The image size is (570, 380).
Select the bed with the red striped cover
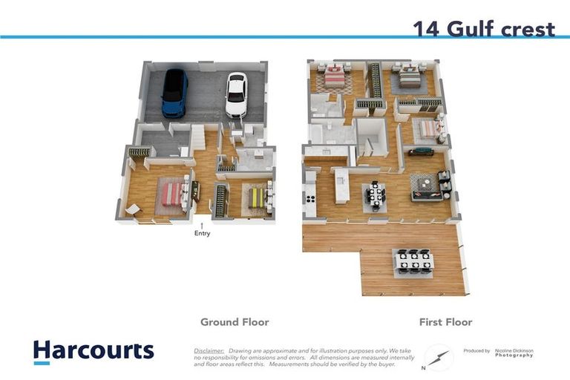[172, 194]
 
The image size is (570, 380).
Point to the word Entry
[202, 234]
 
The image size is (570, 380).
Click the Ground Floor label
[235, 322]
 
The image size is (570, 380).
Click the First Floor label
[445, 322]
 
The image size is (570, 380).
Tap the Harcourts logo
[94, 350]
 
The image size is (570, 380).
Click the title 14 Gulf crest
[483, 28]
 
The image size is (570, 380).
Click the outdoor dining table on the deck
[415, 261]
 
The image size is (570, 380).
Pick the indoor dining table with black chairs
[375, 195]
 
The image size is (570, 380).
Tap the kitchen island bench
[342, 186]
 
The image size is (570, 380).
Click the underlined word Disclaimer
[209, 350]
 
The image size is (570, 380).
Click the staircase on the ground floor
[198, 137]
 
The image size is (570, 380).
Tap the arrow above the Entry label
[201, 224]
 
